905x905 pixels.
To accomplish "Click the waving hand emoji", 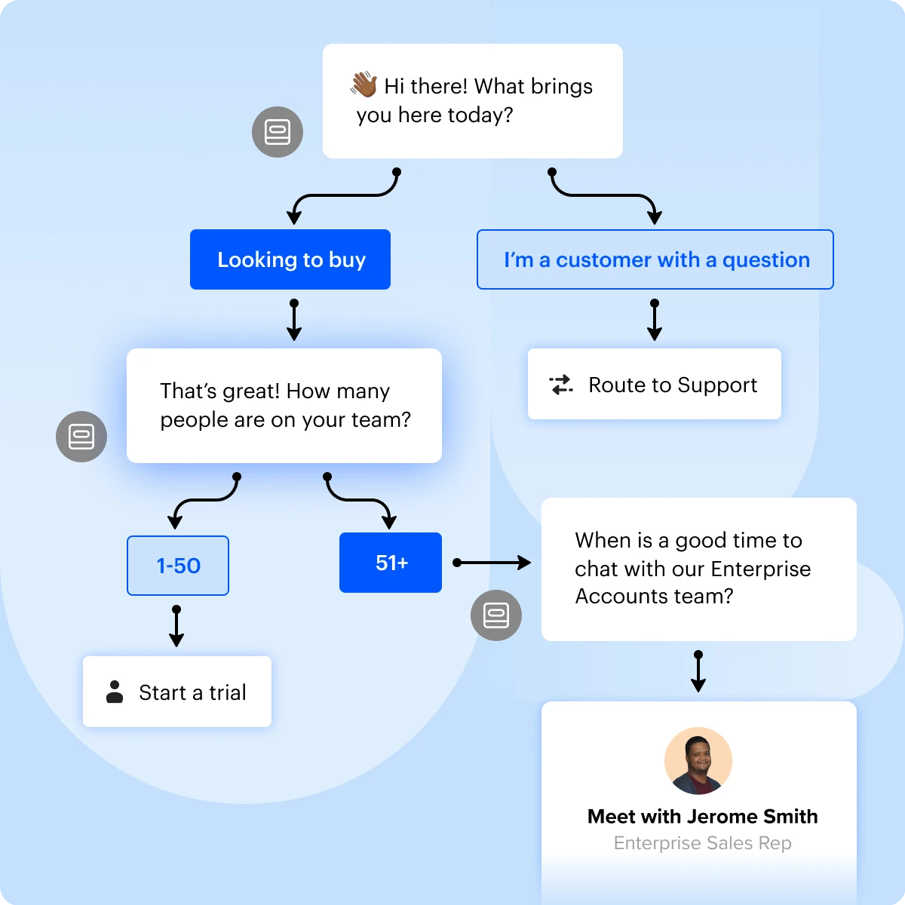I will (364, 85).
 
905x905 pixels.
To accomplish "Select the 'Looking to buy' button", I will (290, 259).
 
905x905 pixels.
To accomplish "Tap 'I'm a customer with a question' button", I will (655, 259).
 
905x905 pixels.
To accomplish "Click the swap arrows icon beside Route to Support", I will (561, 385).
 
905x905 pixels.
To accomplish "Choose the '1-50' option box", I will (178, 566).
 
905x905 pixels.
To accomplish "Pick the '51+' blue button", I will (391, 563).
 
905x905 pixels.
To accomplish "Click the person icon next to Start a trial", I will (115, 692).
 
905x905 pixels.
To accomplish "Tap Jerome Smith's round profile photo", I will (698, 761).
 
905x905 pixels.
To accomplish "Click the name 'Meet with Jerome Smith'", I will (702, 816).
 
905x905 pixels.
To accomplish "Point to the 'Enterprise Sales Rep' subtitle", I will (702, 843).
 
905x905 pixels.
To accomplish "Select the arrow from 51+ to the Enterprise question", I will (493, 563).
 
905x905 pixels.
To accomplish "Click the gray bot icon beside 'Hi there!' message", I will (278, 132).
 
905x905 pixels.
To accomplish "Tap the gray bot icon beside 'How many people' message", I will (81, 437).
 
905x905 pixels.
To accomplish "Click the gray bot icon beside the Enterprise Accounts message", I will (496, 615).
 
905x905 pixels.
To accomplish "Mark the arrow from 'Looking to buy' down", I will (294, 321).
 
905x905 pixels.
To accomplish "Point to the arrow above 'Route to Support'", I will (655, 321).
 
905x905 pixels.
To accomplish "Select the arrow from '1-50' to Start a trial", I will (176, 627).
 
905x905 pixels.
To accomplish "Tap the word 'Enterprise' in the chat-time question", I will (760, 569).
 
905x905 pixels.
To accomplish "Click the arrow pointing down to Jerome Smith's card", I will (698, 672).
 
